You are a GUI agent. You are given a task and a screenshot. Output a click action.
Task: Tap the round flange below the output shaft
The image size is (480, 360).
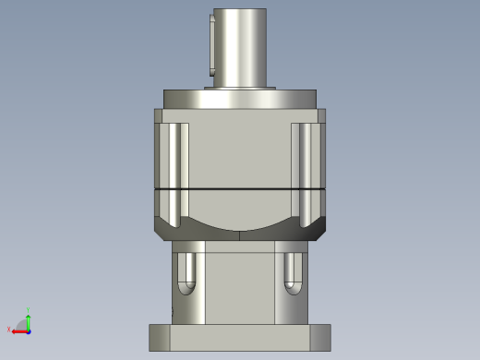(240, 99)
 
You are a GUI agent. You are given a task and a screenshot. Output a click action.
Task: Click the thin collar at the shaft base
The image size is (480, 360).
(240, 87)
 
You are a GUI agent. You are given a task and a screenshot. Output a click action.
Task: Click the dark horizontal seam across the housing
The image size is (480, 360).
(240, 187)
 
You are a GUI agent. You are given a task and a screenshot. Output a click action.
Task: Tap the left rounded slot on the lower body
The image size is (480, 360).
(187, 271)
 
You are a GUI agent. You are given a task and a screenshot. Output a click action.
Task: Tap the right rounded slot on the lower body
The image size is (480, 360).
(293, 271)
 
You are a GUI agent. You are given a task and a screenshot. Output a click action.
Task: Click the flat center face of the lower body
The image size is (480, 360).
(240, 282)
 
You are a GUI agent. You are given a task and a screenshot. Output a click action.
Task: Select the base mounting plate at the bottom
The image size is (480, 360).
(240, 337)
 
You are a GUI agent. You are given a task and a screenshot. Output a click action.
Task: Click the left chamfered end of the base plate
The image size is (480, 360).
(155, 337)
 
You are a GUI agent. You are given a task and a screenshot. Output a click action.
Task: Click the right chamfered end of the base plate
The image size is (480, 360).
(324, 337)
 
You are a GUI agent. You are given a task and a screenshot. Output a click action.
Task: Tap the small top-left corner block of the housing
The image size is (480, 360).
(158, 116)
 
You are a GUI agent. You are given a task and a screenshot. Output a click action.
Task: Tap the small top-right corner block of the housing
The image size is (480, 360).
(322, 116)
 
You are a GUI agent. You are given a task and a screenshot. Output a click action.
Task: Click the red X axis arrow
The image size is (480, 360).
(18, 330)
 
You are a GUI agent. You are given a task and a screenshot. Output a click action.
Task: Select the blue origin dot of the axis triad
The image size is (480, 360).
(29, 330)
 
